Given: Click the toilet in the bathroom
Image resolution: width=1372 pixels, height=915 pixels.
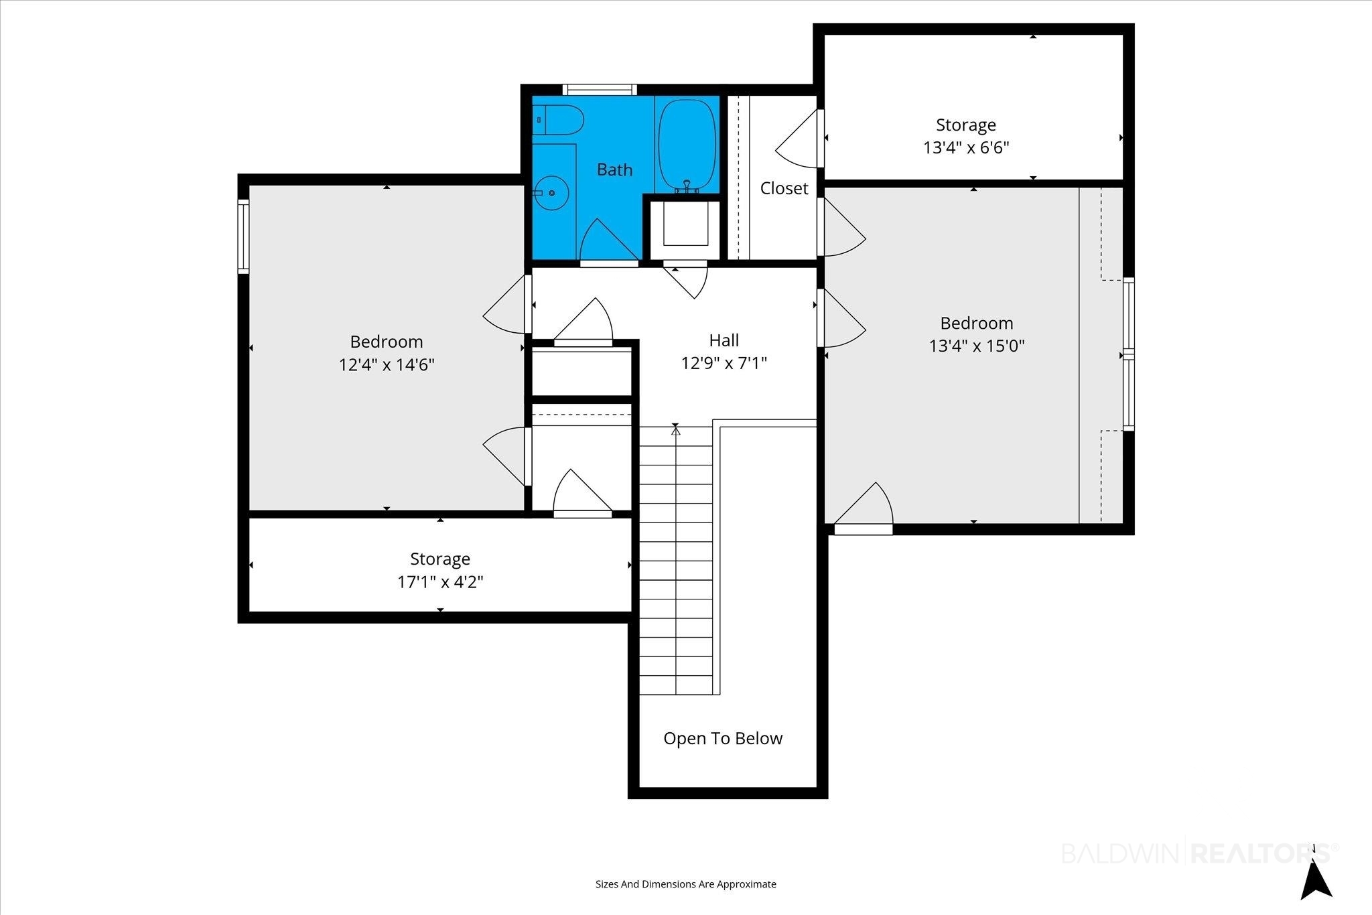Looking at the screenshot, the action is point(559,120).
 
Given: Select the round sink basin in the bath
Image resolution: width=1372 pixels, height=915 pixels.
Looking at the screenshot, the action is point(551,193).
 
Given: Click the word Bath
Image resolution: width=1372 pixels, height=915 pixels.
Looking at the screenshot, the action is point(614,169).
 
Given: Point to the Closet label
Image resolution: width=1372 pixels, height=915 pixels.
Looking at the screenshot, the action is point(784,188).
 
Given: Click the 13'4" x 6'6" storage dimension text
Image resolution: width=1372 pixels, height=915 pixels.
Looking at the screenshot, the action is point(966,147).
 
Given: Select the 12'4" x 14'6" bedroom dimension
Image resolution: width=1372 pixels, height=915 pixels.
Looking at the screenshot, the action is point(387,365).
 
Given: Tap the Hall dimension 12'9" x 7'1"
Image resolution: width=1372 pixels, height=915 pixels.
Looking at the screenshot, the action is point(724,363).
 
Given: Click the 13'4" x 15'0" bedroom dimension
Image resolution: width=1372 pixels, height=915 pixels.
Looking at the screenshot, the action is point(977,346).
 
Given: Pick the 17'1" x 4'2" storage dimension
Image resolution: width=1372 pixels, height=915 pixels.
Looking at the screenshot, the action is point(440,581).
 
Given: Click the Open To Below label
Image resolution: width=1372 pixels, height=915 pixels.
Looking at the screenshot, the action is point(723,738).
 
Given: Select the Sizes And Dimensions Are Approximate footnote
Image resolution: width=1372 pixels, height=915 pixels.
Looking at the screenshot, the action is point(686,884).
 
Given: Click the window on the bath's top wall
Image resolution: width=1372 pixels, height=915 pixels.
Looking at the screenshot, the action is point(599,90).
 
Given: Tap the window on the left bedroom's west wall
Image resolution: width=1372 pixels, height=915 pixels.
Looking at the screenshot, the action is point(244,236).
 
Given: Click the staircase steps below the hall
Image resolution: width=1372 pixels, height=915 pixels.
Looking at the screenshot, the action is point(676,560).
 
